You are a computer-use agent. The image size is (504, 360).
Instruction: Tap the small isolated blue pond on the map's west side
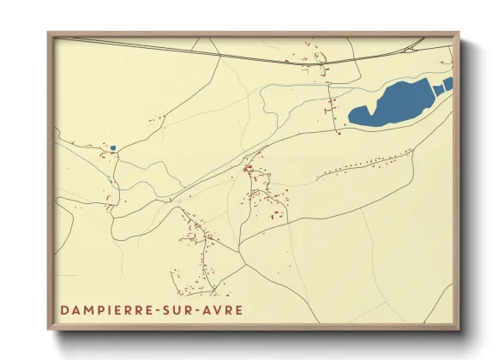[112, 148]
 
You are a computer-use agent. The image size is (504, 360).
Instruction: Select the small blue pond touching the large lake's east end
[437, 88]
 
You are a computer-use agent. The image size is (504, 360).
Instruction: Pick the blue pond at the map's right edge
[447, 82]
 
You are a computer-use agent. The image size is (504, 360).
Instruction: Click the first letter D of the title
[64, 309]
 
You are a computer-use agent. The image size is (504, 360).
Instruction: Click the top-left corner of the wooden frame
[48, 33]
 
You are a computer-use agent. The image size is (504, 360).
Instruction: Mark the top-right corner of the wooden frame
[459, 33]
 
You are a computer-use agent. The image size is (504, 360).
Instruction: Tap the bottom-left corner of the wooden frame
[48, 330]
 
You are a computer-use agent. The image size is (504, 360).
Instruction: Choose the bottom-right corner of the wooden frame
[459, 330]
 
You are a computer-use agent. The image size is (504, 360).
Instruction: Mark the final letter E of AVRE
[239, 309]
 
